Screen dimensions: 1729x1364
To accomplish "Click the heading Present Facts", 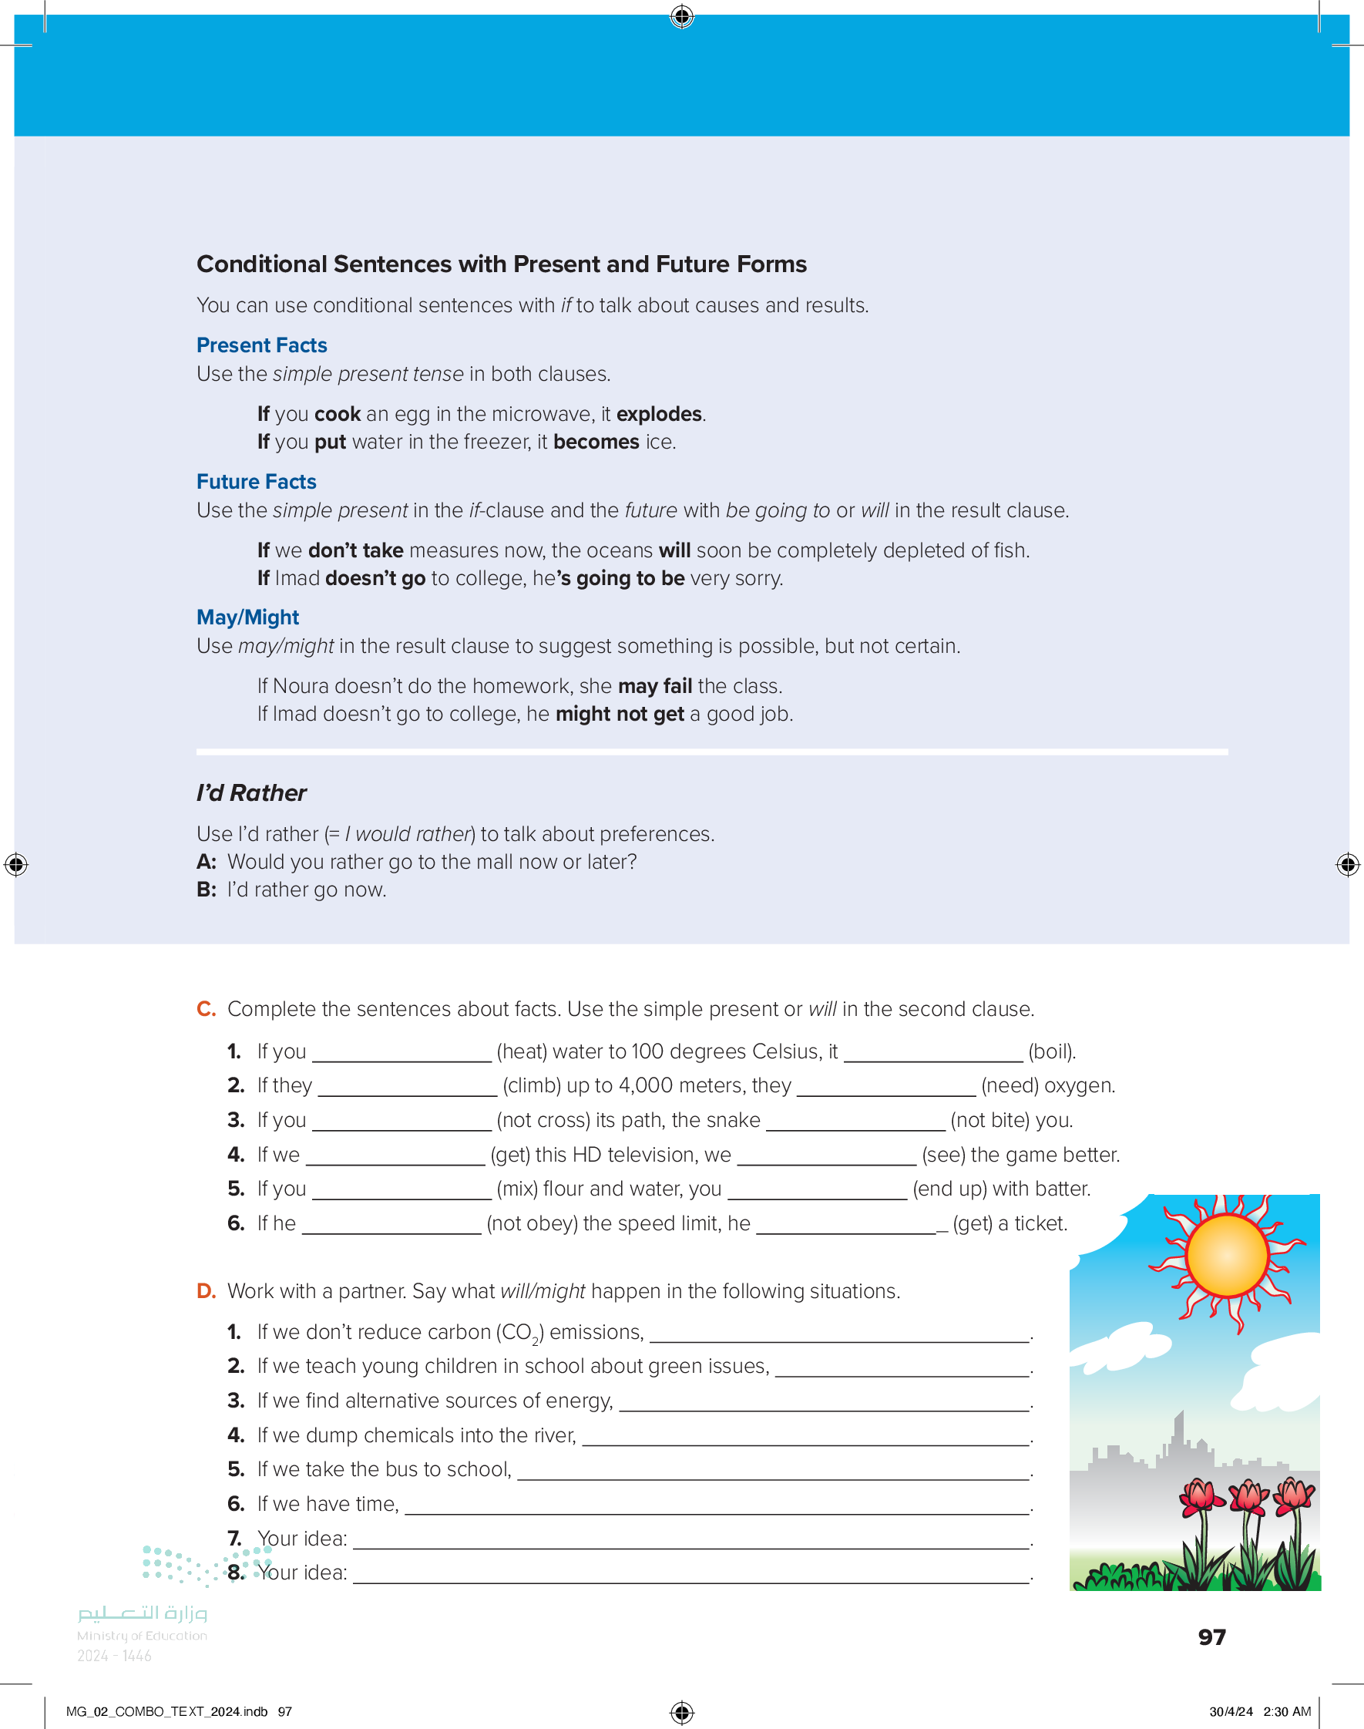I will (261, 345).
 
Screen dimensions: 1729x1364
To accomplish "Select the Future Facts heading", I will (257, 482).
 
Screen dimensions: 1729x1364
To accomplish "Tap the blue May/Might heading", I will (247, 617).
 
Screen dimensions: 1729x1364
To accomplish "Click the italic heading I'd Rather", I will (250, 793).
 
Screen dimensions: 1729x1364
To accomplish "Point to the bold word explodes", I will (659, 414).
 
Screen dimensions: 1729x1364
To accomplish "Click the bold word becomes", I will (596, 442).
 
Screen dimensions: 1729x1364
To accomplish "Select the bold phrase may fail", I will (655, 686).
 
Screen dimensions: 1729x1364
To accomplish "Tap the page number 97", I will (1211, 1637).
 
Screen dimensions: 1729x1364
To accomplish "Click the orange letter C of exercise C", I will (205, 1009).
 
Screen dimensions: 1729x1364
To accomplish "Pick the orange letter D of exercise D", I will (206, 1290).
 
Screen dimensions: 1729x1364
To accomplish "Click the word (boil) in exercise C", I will (1052, 1051).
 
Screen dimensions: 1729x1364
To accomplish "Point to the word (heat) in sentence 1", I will (522, 1051).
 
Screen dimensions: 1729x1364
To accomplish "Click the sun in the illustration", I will (1227, 1256).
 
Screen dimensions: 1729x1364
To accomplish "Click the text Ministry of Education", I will (142, 1636).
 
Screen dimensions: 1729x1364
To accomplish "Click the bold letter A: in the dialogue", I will (206, 862).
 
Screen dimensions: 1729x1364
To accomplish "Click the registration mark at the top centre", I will (682, 16).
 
